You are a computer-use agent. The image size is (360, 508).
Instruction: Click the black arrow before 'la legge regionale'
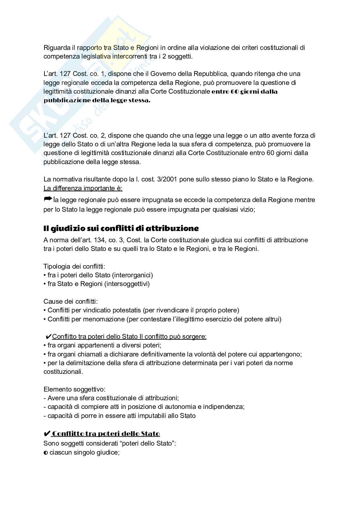click(48, 199)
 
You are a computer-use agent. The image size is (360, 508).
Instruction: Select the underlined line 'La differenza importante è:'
click(83, 188)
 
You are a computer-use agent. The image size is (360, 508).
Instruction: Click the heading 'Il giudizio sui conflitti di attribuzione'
click(121, 228)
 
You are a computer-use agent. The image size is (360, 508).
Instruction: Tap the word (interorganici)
click(132, 275)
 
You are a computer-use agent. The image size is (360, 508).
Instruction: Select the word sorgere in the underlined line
click(194, 337)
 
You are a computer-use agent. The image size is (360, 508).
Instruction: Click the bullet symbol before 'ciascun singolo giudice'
click(45, 452)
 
